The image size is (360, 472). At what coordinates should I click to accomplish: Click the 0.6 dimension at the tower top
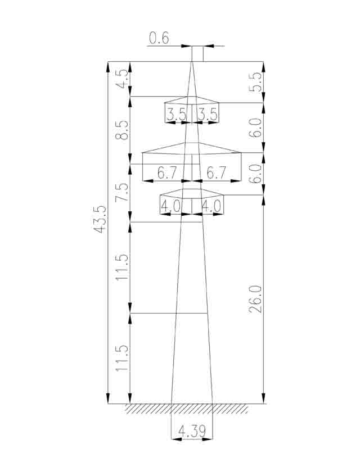point(159,38)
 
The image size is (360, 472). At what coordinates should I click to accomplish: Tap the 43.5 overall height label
point(100,219)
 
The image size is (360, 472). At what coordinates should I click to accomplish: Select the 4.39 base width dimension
point(192,431)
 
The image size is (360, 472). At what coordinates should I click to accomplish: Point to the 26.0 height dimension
point(255,299)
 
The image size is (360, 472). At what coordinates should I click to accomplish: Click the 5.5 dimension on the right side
point(255,82)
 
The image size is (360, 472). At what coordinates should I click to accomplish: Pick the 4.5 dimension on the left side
point(122,79)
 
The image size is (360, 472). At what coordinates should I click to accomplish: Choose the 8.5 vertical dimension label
point(122,130)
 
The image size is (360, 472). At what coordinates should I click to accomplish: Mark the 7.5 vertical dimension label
point(122,192)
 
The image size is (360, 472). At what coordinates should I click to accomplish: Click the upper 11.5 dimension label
point(122,267)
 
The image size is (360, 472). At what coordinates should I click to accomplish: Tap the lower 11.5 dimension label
point(122,357)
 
